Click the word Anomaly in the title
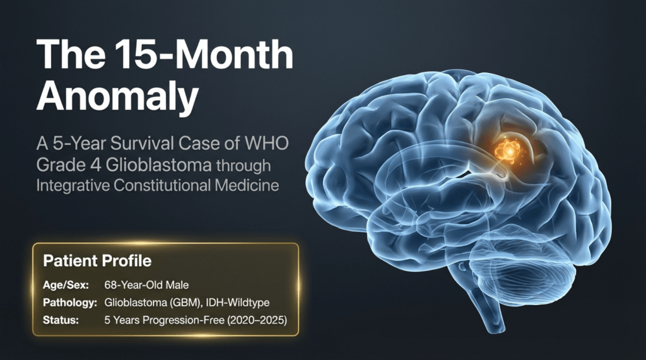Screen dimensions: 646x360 (117, 97)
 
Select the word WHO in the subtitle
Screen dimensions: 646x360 (267, 143)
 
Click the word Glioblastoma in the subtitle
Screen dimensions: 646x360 (158, 165)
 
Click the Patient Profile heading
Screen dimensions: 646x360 (97, 261)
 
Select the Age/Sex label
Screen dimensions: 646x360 (66, 285)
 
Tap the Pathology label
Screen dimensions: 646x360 (70, 303)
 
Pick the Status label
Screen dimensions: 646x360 (61, 320)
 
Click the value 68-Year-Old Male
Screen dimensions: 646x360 (146, 285)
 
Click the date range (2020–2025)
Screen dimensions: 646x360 (257, 320)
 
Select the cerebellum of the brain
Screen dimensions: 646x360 (523, 268)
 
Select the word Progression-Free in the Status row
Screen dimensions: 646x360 (182, 320)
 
